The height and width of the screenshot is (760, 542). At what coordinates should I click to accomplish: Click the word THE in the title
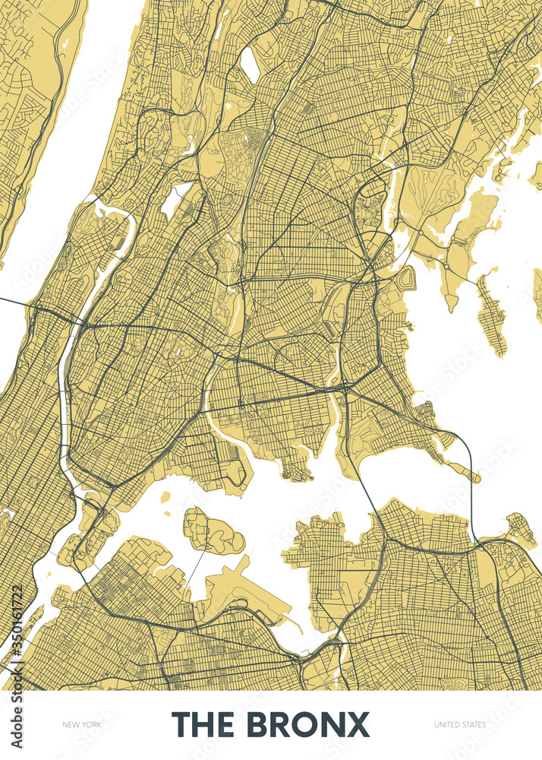coord(203,724)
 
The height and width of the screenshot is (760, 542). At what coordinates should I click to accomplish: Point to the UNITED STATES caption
coord(460,725)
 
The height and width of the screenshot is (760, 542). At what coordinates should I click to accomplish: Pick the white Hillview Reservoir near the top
coord(249,65)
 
